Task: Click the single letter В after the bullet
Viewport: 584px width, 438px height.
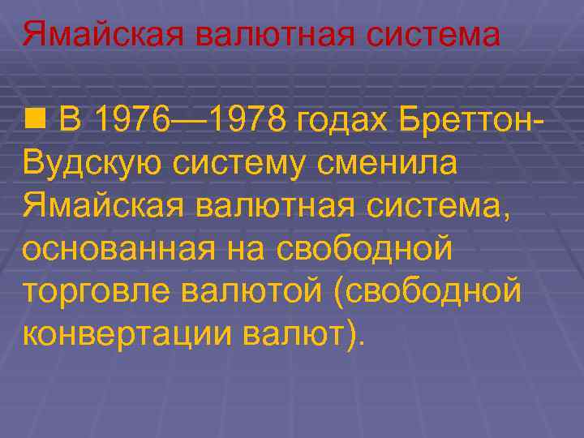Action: pos(71,121)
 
